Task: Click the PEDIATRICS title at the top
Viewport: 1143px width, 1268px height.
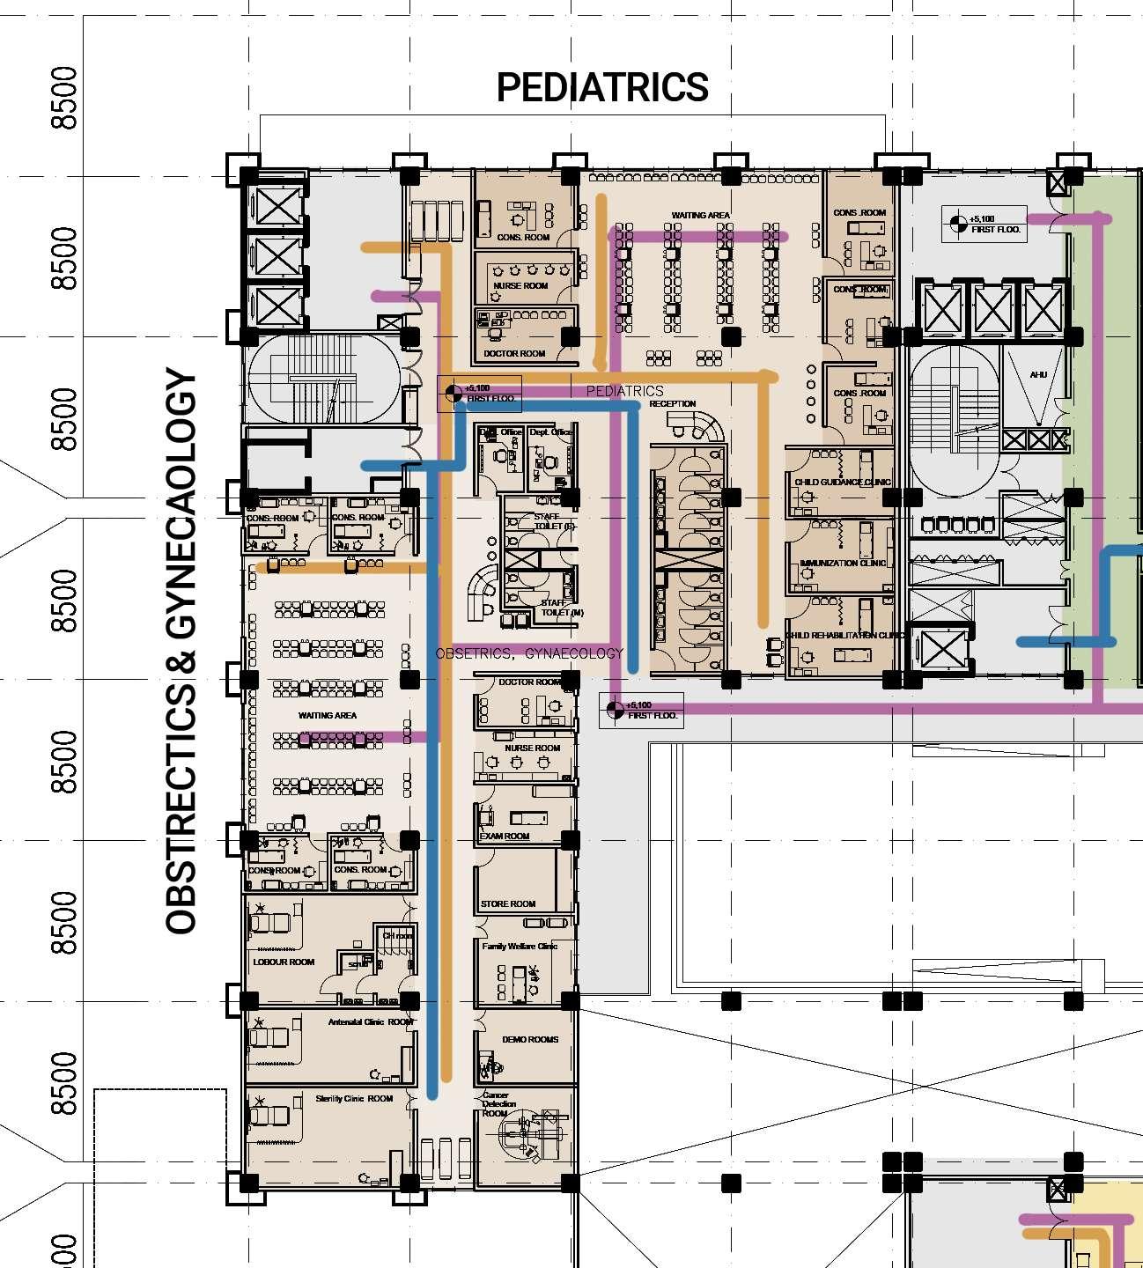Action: point(602,87)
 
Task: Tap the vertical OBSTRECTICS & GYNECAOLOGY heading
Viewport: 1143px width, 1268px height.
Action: point(181,652)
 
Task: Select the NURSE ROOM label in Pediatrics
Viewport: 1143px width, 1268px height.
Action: point(520,286)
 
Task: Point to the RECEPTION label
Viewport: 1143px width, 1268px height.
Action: point(673,404)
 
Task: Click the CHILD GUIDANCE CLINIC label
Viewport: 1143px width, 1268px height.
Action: point(843,483)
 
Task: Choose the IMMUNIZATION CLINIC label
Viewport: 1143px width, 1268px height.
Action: point(843,563)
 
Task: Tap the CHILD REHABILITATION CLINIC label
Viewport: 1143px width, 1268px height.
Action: point(843,635)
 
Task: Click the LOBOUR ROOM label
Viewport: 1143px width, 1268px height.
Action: point(284,962)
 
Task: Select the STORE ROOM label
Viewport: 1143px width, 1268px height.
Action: point(508,903)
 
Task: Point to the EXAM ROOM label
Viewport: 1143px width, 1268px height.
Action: point(505,836)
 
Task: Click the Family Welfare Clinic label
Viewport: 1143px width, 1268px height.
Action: point(520,947)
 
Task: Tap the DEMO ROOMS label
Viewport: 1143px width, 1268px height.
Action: point(530,1040)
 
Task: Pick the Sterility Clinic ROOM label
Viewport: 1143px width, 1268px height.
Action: point(355,1099)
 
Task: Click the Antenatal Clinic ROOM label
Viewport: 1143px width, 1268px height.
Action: point(370,1022)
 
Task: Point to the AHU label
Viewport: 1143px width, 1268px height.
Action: point(1038,375)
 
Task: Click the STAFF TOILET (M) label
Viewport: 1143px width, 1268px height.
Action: point(562,608)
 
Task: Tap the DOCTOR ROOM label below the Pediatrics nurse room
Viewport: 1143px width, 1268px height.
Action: point(514,354)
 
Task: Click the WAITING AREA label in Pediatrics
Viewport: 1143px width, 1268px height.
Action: point(701,216)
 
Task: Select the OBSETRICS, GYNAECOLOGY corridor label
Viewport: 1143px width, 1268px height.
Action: point(529,653)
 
